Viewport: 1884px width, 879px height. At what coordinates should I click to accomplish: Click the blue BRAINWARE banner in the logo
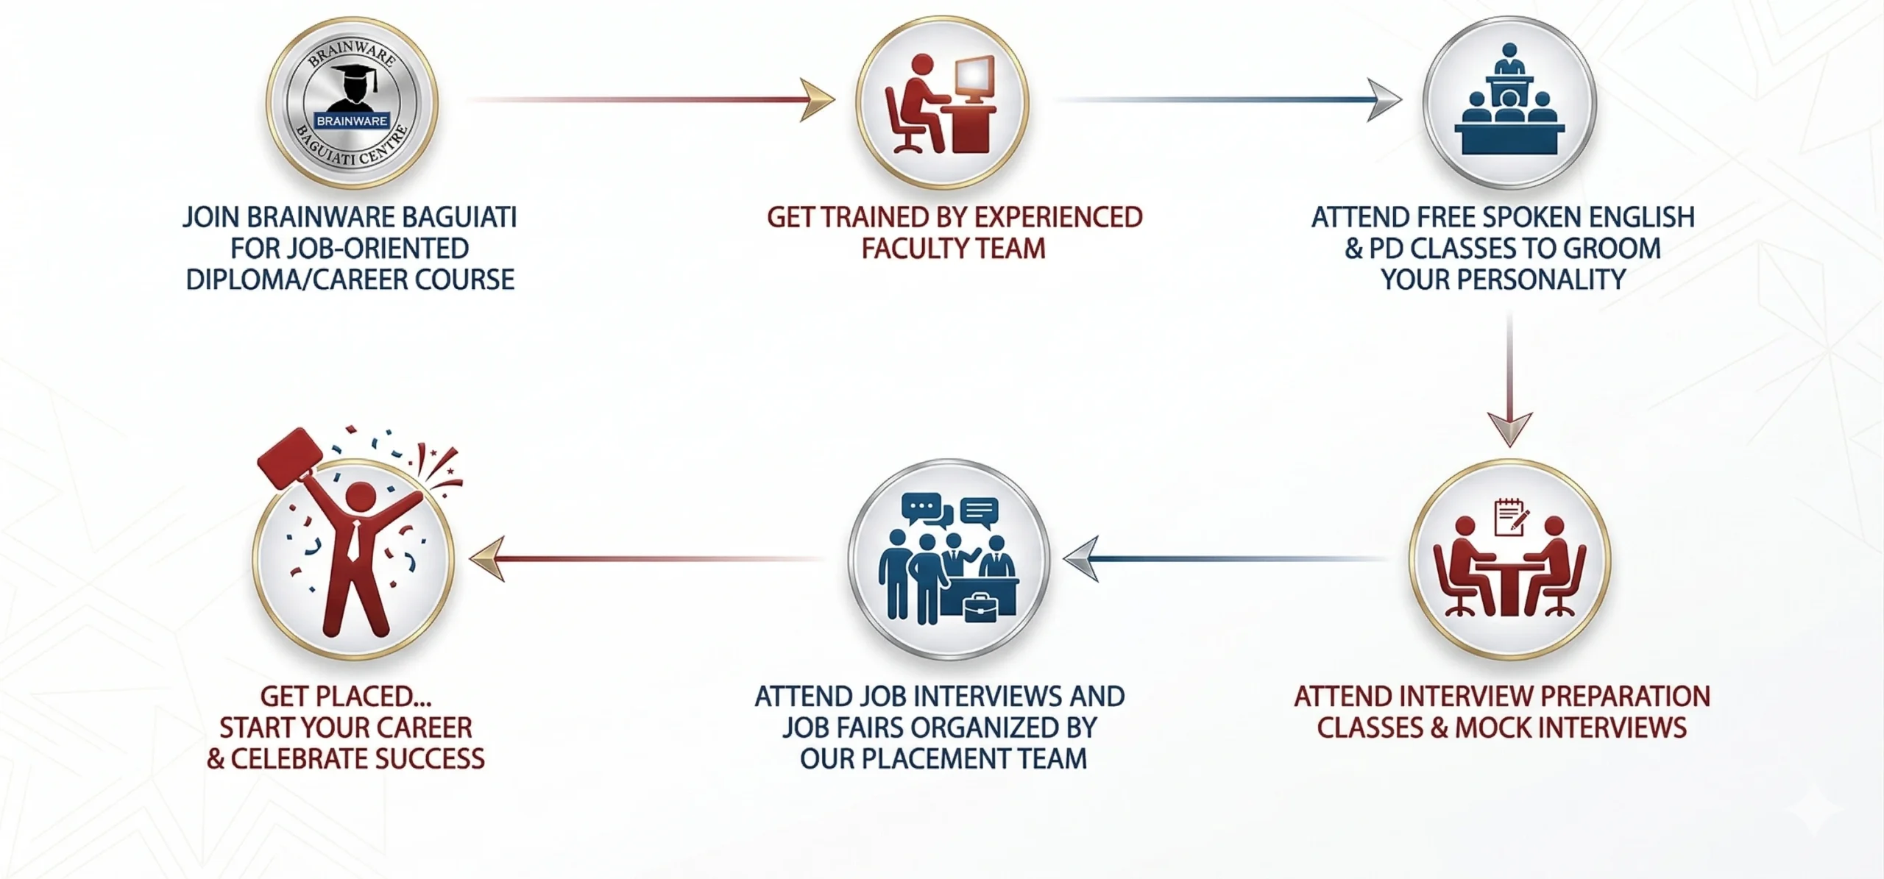tap(352, 121)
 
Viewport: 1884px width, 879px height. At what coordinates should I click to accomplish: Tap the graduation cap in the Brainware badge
tap(353, 74)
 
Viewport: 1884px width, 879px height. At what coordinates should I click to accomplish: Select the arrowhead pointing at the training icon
tap(817, 99)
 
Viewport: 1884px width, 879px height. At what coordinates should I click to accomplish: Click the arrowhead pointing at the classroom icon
tap(1384, 99)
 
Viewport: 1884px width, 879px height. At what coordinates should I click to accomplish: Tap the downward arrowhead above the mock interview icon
tap(1509, 429)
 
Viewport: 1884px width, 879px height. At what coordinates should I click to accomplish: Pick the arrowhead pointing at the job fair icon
tap(1081, 559)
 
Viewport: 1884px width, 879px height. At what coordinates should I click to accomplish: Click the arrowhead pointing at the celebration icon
tap(486, 559)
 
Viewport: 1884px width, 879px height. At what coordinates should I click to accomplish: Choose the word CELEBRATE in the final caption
tap(302, 759)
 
